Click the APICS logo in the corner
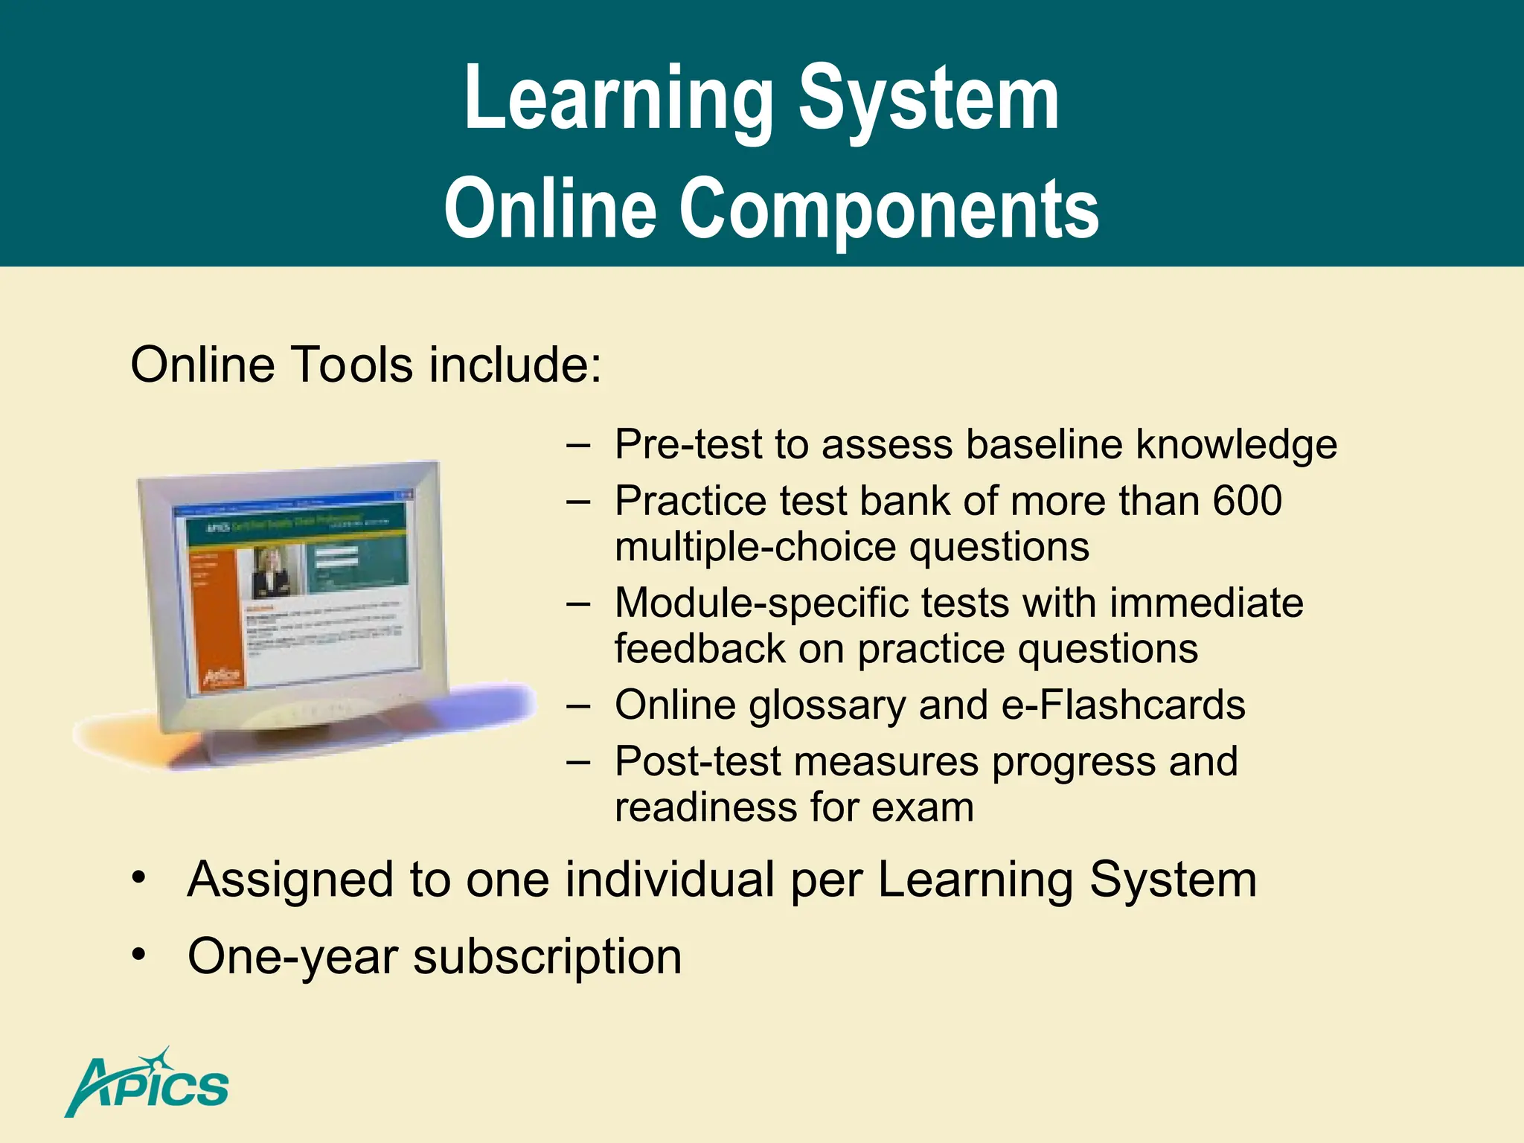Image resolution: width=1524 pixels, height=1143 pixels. click(147, 1083)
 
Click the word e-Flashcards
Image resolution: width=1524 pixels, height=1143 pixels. click(1123, 705)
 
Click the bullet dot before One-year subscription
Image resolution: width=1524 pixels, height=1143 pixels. click(138, 955)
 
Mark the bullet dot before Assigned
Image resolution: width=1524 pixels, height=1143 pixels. click(138, 878)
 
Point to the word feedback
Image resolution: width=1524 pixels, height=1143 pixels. click(699, 649)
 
